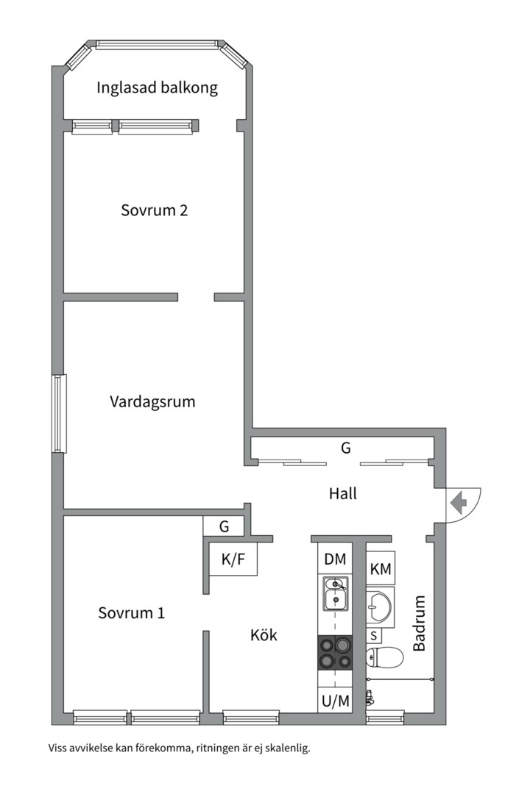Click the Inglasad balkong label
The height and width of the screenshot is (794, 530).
[x=158, y=88]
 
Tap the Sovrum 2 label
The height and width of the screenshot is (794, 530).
[x=154, y=210]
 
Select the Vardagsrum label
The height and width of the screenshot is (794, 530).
[x=152, y=402]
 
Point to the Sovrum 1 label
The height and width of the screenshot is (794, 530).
[x=131, y=612]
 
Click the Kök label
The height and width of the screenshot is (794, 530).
[x=264, y=634]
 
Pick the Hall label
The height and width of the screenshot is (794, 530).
[x=343, y=493]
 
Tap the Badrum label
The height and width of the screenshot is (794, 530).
[x=420, y=623]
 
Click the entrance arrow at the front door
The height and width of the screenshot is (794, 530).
[x=459, y=503]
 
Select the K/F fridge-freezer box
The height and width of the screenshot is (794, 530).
[x=233, y=560]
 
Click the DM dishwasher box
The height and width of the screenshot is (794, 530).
[x=336, y=559]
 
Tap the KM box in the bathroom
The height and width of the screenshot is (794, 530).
[x=381, y=568]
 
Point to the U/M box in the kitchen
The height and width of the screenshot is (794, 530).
[x=336, y=701]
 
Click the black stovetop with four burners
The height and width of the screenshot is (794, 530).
[x=336, y=651]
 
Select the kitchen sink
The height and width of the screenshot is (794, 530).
[x=336, y=594]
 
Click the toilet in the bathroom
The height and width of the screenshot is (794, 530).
[x=384, y=657]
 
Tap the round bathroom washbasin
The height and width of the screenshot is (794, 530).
[x=381, y=606]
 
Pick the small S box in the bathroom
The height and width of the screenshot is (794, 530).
[x=374, y=635]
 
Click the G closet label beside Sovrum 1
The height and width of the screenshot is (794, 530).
[x=224, y=526]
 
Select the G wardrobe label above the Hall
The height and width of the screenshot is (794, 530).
[x=344, y=447]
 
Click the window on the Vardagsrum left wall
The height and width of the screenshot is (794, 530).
[x=59, y=413]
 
